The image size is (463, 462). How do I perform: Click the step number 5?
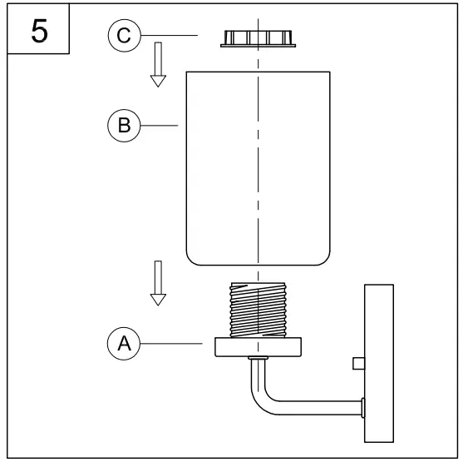39,31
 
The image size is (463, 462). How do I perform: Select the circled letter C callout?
125,36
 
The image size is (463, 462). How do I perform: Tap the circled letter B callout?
124,126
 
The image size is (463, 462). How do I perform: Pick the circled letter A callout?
124,344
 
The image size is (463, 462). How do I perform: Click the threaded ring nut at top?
258,39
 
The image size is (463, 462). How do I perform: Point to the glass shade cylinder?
258,168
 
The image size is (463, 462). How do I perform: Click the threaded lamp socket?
258,310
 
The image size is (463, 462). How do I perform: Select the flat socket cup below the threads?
258,347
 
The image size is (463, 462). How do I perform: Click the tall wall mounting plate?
379,363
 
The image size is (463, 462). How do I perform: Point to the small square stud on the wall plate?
359,364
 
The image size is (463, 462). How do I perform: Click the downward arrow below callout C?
158,64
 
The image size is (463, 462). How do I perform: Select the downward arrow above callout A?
158,283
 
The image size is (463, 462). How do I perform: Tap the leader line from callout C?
170,36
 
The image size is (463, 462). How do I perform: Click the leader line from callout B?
159,126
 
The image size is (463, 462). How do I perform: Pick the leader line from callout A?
171,344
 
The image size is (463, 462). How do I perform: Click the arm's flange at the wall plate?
363,408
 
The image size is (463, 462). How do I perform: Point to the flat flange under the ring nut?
258,46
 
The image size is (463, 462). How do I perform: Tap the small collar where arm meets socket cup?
258,358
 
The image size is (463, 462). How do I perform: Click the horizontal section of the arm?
320,408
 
